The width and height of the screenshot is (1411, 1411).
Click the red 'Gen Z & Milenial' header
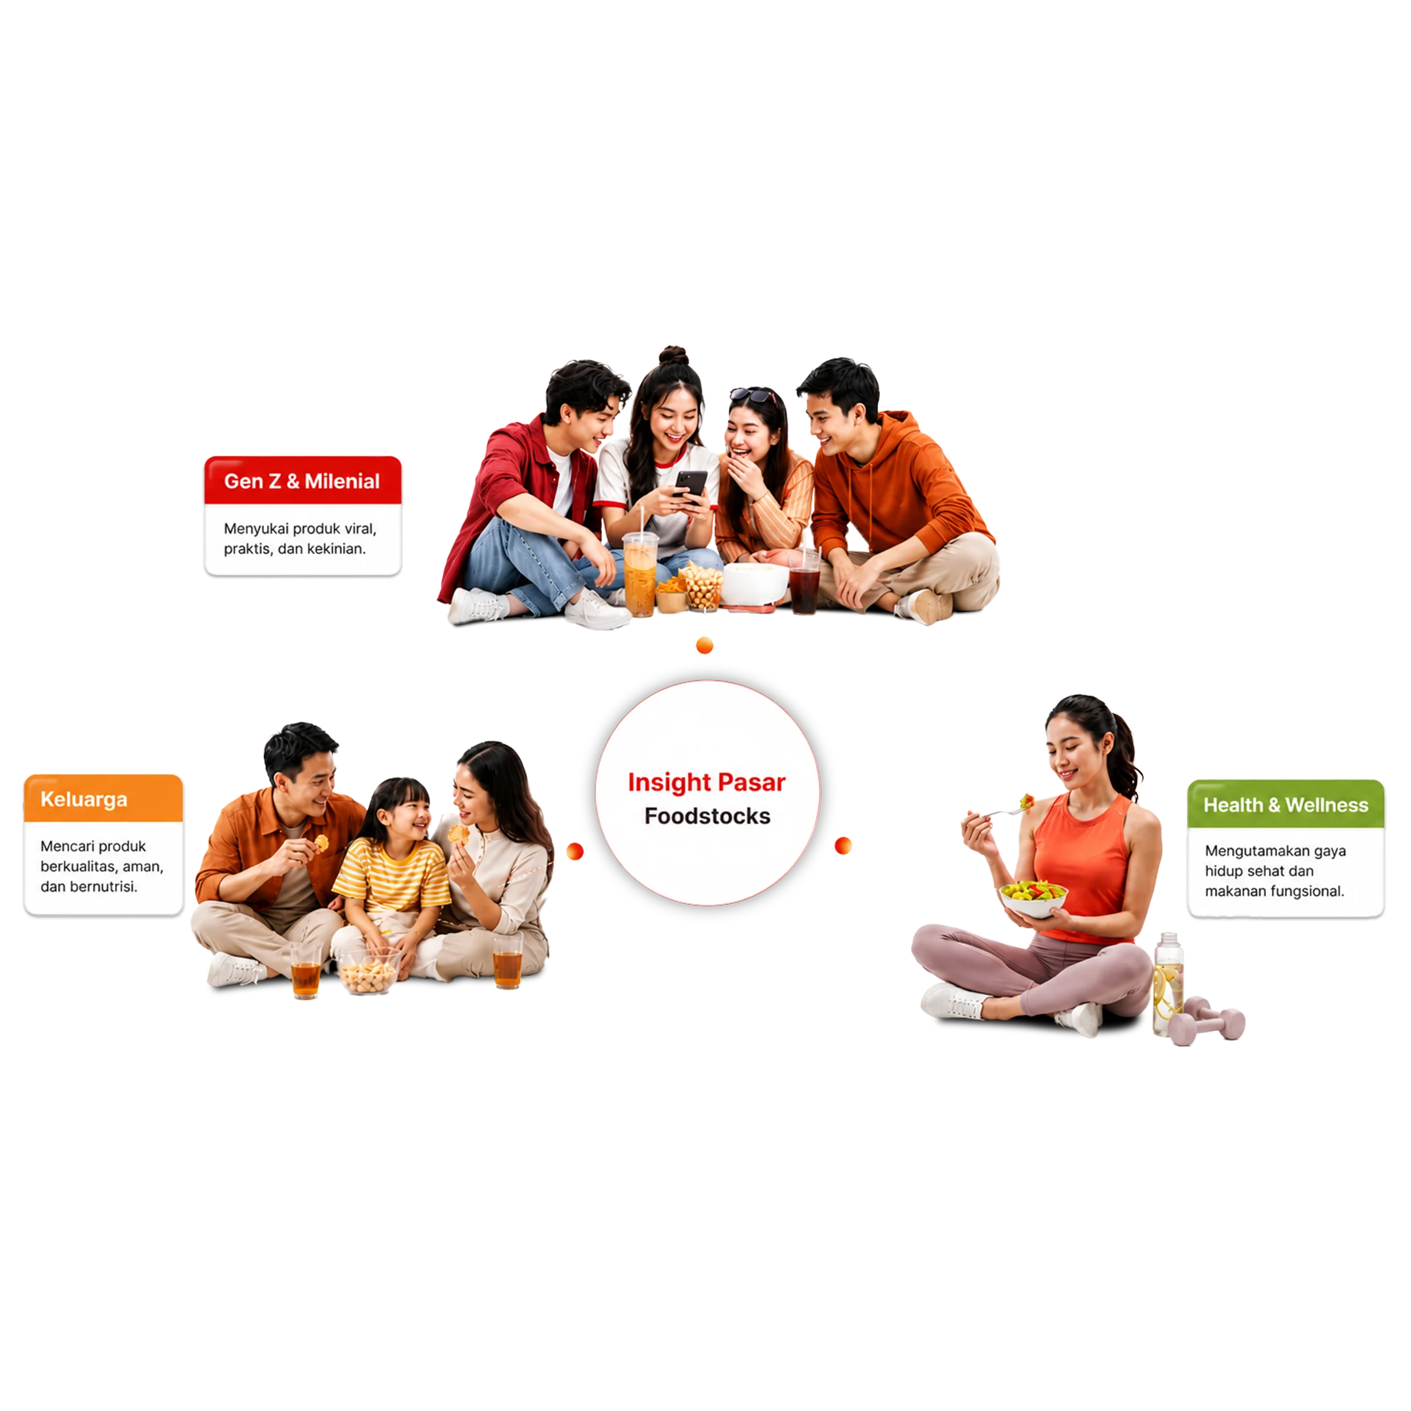pos(302,480)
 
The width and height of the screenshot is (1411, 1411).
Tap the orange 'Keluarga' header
pos(104,798)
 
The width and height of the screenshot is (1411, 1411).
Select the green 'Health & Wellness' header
pos(1286,803)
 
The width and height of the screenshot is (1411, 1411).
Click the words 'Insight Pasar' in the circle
pos(706,782)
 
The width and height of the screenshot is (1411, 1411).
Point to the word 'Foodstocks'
pos(707,816)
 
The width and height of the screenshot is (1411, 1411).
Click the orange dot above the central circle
pos(705,645)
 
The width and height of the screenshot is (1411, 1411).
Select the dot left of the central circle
pos(575,851)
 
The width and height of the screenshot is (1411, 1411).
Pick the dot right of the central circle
pos(843,846)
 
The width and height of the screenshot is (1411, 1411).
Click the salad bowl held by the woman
pos(1033,898)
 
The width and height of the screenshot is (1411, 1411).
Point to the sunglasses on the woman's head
pos(753,396)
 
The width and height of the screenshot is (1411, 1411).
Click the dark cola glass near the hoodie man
pos(805,581)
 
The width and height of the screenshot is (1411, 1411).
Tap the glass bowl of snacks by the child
pos(369,971)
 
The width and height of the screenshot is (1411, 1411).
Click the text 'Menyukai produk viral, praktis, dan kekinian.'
pos(300,538)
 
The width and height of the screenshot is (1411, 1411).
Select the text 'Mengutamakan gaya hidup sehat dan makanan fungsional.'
pos(1274,871)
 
